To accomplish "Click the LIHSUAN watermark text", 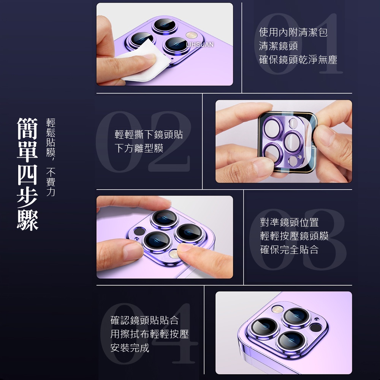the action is click(x=200, y=44).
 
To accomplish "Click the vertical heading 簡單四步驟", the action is click(x=27, y=174).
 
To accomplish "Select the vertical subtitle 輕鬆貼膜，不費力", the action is click(x=51, y=157).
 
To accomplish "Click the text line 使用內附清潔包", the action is click(x=293, y=32).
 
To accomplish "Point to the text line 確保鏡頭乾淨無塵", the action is click(x=298, y=60).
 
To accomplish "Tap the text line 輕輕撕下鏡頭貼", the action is click(x=149, y=135).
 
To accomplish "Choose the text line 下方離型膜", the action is click(x=139, y=148).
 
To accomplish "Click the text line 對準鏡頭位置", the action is click(x=289, y=222).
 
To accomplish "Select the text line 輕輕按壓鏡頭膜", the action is click(x=294, y=236).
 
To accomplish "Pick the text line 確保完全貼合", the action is click(x=289, y=250).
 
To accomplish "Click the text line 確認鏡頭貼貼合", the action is click(x=144, y=320).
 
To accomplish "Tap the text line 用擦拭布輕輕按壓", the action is click(x=149, y=334).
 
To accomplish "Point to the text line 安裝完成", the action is click(x=130, y=348).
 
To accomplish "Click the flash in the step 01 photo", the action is click(x=192, y=35).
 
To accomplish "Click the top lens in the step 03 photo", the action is click(x=165, y=217).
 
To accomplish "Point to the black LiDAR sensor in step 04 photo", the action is click(x=315, y=328).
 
